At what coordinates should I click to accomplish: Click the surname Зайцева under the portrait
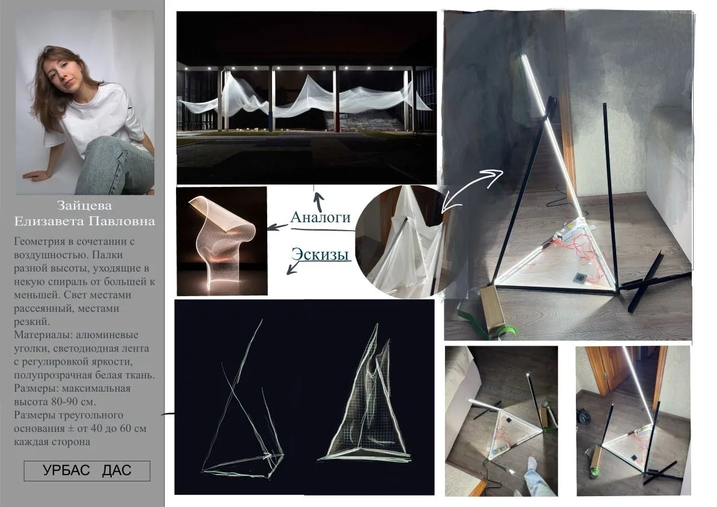click(84, 205)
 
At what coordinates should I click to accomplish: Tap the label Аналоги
click(320, 217)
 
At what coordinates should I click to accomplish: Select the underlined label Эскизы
click(320, 254)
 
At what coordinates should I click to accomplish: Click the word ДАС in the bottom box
click(116, 470)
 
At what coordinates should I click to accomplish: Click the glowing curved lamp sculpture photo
click(222, 241)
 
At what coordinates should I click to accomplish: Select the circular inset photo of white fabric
click(400, 241)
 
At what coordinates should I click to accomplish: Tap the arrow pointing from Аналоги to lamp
click(277, 226)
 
